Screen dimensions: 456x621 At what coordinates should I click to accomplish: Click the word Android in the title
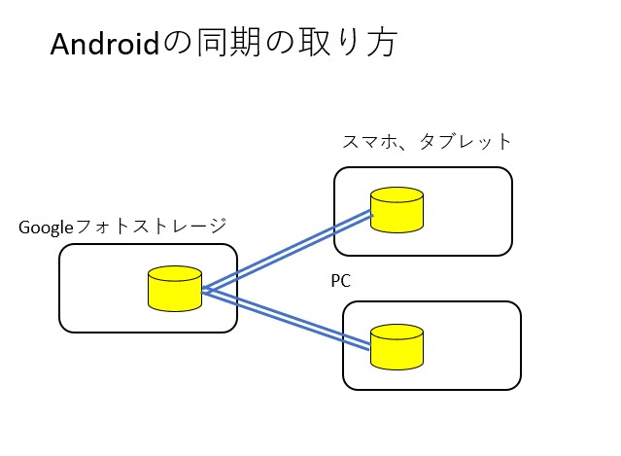(104, 45)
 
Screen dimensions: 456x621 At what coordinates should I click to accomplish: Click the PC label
(340, 281)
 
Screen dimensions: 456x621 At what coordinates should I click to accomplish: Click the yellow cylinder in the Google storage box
(174, 289)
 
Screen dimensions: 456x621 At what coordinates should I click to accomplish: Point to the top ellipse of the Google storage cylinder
(174, 273)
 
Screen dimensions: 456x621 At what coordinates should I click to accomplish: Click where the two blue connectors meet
(205, 289)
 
